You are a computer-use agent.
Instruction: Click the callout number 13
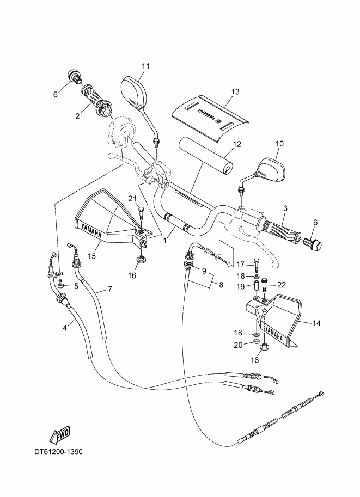(235, 92)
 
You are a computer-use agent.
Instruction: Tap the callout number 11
(145, 66)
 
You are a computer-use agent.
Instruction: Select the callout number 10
(279, 144)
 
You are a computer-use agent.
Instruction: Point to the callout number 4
(65, 327)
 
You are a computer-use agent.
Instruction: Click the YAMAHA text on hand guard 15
(90, 229)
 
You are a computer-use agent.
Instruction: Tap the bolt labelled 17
(256, 265)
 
